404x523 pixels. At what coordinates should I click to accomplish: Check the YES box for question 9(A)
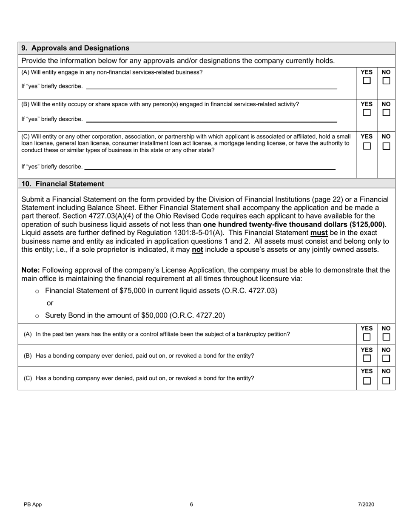pyautogui.click(x=367, y=80)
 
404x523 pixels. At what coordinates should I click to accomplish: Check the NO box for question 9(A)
pyautogui.click(x=386, y=80)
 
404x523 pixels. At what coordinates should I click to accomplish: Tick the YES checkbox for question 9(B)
pyautogui.click(x=367, y=113)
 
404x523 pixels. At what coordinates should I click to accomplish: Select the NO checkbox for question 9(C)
pyautogui.click(x=386, y=146)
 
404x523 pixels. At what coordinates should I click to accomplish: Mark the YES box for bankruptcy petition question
pyautogui.click(x=367, y=337)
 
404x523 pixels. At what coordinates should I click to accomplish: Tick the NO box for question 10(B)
pyautogui.click(x=386, y=358)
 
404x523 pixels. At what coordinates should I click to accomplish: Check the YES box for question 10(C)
pyautogui.click(x=367, y=381)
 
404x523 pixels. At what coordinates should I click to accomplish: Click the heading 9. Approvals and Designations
pyautogui.click(x=75, y=48)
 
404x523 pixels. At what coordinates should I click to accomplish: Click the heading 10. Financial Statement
pyautogui.click(x=63, y=184)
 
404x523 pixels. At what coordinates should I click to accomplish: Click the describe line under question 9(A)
pyautogui.click(x=211, y=88)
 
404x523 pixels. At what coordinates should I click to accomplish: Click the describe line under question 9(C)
pyautogui.click(x=210, y=168)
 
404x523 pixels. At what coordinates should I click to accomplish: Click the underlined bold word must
pyautogui.click(x=319, y=233)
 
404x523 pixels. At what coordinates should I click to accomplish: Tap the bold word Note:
pyautogui.click(x=31, y=270)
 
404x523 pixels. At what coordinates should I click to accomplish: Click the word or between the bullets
pyautogui.click(x=50, y=303)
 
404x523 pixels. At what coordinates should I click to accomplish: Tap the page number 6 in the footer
pyautogui.click(x=191, y=504)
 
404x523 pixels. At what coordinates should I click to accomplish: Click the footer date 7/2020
pyautogui.click(x=366, y=504)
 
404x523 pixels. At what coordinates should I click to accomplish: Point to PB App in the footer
pyautogui.click(x=33, y=504)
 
